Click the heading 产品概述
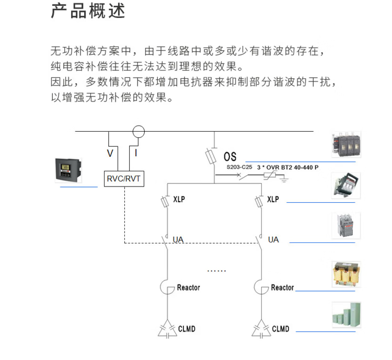88,11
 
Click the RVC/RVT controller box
124,179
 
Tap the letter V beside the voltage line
110,153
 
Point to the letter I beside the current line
136,153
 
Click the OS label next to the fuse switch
230,156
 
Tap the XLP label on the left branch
179,200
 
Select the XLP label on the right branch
273,200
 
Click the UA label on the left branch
178,240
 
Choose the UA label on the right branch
273,240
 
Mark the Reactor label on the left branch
188,287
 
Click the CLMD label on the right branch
281,329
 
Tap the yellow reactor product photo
345,273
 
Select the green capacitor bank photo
345,315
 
